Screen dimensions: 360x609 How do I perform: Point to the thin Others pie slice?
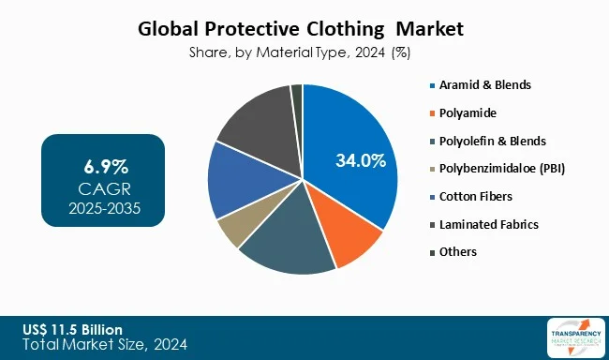(297, 92)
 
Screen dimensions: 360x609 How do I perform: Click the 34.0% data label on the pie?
(361, 160)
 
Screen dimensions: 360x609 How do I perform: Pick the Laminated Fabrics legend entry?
(483, 224)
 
